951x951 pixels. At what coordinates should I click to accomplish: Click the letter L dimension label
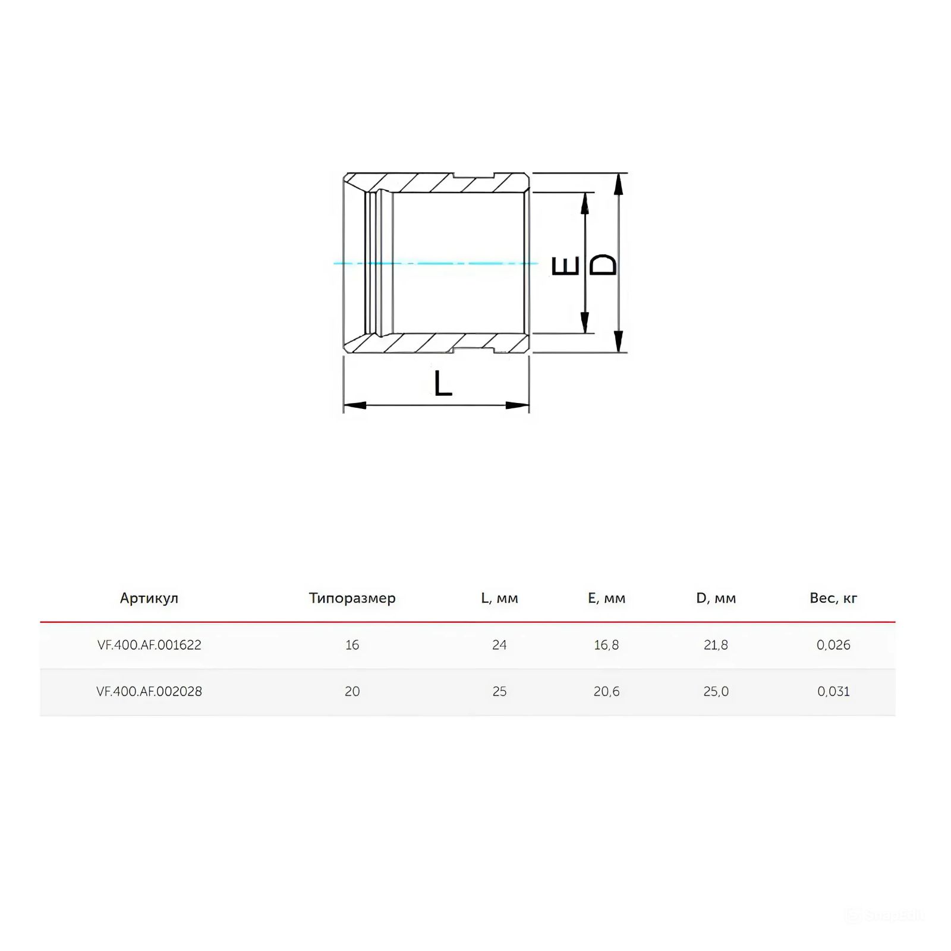443,383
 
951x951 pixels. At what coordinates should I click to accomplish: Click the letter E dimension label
566,266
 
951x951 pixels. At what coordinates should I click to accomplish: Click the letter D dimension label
603,265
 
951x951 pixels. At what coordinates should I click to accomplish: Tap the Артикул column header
149,598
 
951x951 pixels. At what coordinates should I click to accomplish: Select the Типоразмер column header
352,598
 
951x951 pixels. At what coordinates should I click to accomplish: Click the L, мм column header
499,598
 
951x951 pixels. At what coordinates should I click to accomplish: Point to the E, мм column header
607,598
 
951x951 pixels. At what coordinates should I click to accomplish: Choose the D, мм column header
716,598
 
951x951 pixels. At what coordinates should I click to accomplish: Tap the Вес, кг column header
833,598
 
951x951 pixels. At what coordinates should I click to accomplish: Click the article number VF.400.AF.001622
149,645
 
